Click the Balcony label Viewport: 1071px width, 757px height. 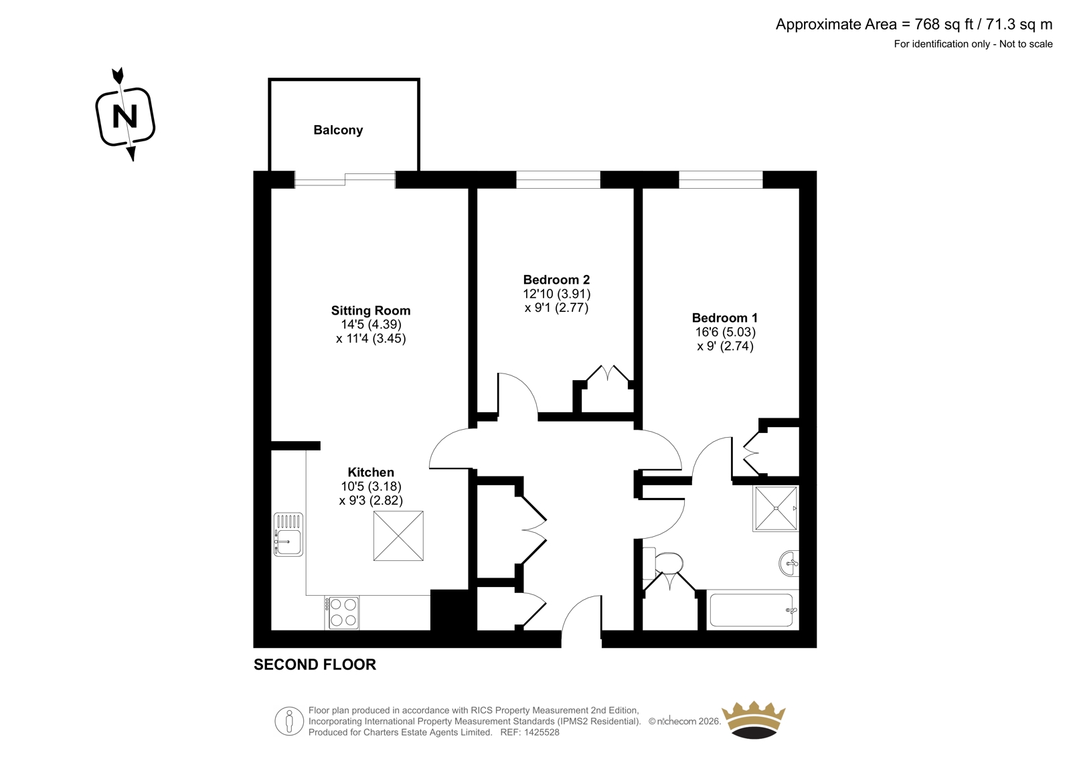click(x=338, y=130)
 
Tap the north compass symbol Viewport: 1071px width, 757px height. click(x=125, y=114)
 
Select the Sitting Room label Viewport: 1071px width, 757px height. click(x=371, y=311)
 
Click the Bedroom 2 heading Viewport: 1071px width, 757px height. click(x=556, y=280)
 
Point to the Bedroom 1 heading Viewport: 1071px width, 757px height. click(x=725, y=317)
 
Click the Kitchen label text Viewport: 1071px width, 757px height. click(x=371, y=472)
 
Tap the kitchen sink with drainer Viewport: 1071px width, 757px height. click(x=289, y=534)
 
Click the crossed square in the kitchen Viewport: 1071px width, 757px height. click(x=398, y=535)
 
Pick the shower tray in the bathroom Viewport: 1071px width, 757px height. click(x=775, y=508)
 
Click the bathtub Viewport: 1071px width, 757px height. click(x=752, y=610)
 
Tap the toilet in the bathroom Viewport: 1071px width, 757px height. click(x=663, y=562)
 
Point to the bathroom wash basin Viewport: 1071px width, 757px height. click(x=789, y=563)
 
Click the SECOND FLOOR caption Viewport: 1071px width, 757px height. click(x=315, y=665)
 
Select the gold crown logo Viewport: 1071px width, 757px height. click(x=754, y=720)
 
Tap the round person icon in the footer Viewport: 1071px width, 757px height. click(x=289, y=721)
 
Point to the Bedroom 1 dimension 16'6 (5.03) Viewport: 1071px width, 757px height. click(x=725, y=331)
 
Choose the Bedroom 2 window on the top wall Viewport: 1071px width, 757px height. click(x=558, y=180)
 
